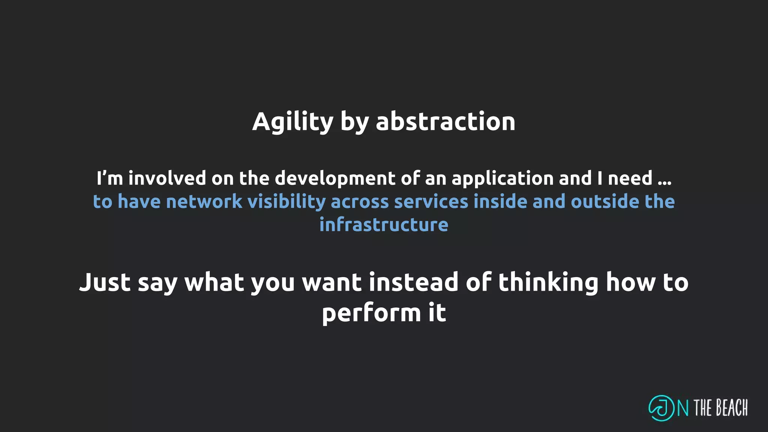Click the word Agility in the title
292,122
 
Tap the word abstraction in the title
445,122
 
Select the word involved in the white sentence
167,178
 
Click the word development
335,178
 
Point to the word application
502,178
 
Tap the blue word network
204,201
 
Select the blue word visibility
286,201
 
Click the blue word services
431,201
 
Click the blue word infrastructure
384,225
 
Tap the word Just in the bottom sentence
105,282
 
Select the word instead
414,282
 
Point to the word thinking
548,282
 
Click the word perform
371,313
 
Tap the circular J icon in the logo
661,408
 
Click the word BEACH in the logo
732,408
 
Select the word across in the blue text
360,201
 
